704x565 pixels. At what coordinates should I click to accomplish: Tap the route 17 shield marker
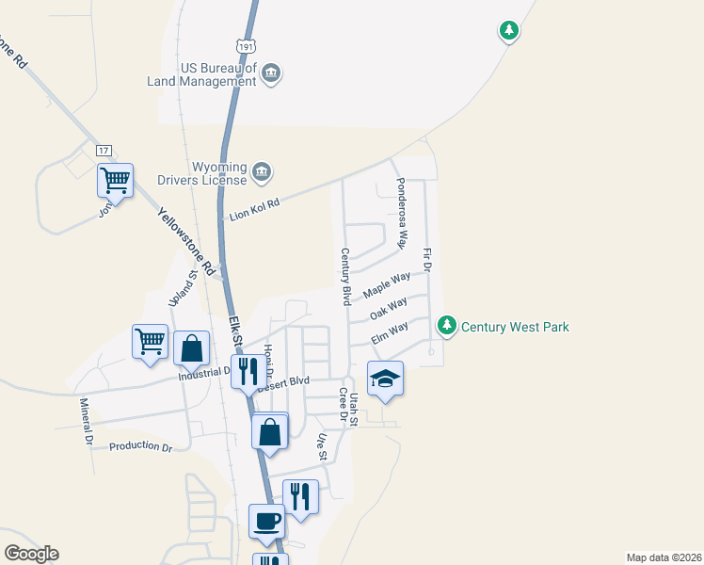click(x=104, y=151)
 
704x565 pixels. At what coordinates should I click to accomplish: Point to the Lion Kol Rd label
click(x=255, y=209)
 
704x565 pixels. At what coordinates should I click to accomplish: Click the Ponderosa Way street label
click(x=401, y=213)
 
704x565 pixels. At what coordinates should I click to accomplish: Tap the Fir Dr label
click(x=426, y=261)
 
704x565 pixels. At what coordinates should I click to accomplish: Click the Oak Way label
click(x=388, y=308)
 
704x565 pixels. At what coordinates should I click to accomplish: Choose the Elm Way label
click(x=389, y=332)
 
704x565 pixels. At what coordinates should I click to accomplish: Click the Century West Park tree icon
click(x=447, y=327)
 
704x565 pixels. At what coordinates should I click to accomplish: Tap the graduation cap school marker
click(x=385, y=379)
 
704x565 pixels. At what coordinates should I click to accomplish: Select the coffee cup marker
click(x=266, y=520)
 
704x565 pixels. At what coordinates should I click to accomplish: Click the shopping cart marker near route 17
click(x=115, y=179)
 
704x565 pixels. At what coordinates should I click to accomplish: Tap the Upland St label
click(x=180, y=289)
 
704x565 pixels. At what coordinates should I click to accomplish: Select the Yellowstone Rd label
click(x=181, y=240)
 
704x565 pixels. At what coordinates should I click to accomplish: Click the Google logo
click(x=31, y=554)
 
